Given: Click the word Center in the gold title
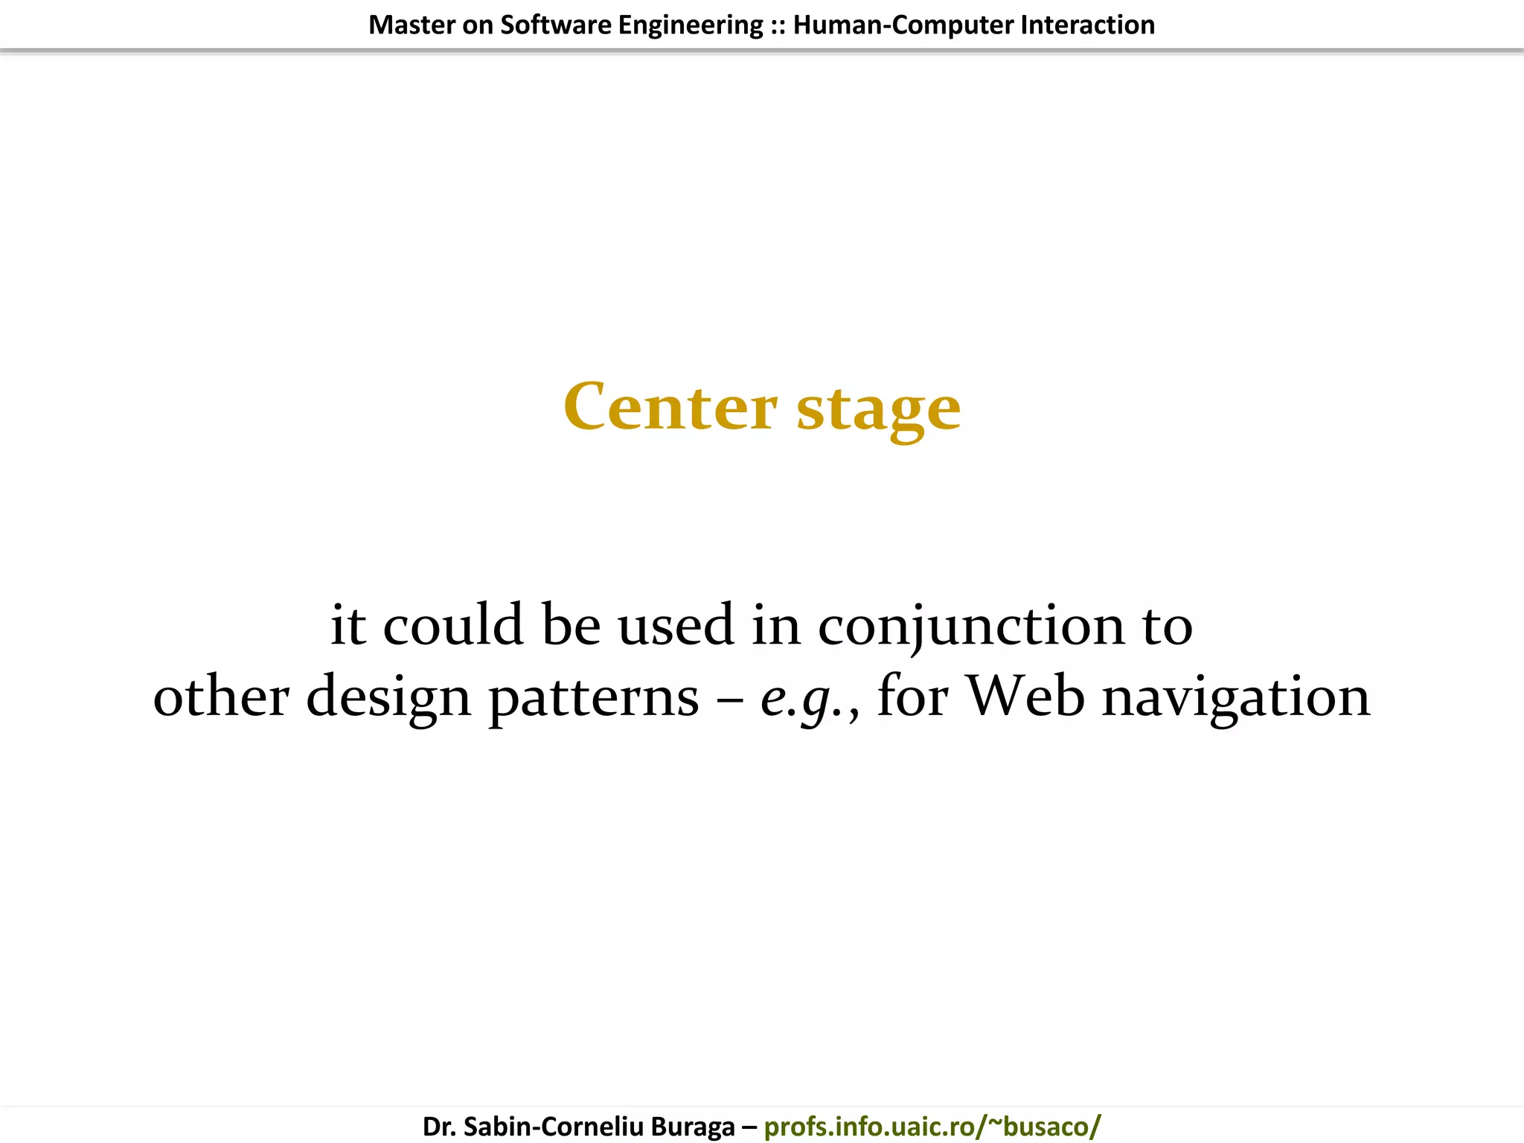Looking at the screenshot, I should (x=670, y=407).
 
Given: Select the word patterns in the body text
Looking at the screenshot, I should (x=594, y=698).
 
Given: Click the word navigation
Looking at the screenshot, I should (x=1235, y=698).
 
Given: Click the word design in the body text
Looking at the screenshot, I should (x=388, y=698).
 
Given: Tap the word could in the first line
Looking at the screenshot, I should (x=452, y=625).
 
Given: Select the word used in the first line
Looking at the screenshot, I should (x=676, y=625).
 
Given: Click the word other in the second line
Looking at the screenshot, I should (x=221, y=697).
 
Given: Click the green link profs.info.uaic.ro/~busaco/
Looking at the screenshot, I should (x=932, y=1127).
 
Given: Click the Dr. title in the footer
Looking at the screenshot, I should (x=439, y=1127).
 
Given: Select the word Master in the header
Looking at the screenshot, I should (x=412, y=25).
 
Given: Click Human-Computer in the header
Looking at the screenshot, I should (x=903, y=25).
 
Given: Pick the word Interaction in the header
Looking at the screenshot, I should (x=1087, y=25).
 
